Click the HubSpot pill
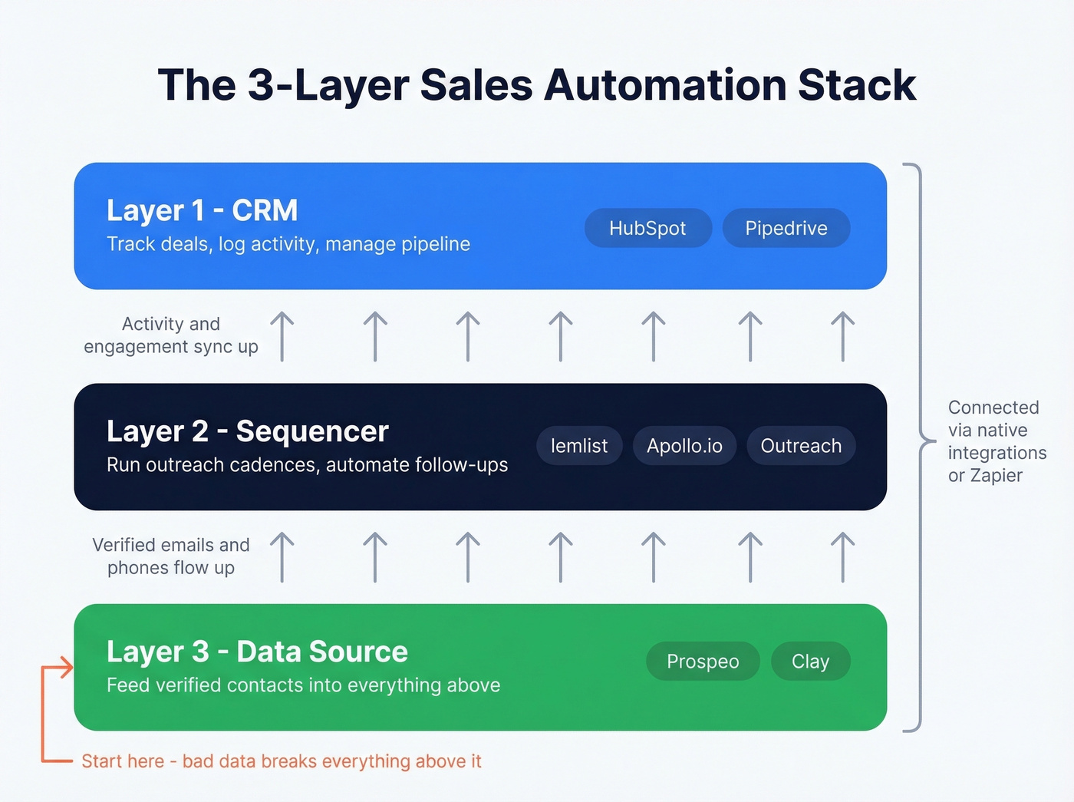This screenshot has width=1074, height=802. [647, 228]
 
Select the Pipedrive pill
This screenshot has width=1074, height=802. [786, 228]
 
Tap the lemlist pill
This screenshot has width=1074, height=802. [578, 446]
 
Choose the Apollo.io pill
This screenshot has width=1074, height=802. [684, 446]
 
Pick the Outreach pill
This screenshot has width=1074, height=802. [801, 446]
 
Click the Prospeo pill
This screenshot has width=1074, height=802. [703, 662]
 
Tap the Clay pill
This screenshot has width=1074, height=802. [810, 662]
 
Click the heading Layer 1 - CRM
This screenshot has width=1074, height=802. [202, 210]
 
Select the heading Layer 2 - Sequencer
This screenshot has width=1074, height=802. [247, 431]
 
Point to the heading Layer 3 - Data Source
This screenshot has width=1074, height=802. [257, 652]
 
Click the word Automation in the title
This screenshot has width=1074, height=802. [664, 85]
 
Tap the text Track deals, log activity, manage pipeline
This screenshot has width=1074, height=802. [288, 244]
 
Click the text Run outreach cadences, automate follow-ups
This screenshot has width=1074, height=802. [307, 465]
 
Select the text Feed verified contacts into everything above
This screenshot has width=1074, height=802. [303, 685]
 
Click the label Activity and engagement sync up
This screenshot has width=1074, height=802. [170, 335]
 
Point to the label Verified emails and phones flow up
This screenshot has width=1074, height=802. [170, 556]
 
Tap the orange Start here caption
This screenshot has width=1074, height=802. [281, 761]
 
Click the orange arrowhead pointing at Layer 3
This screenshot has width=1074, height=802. [68, 667]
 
